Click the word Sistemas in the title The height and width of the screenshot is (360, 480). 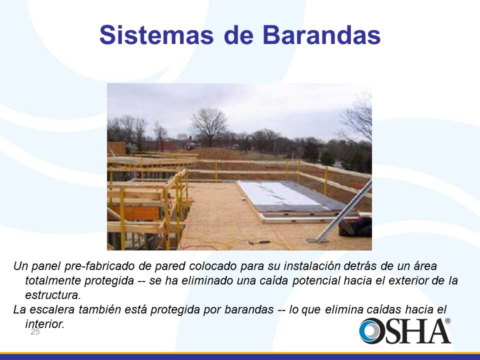point(156,35)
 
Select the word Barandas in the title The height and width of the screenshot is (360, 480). point(321,35)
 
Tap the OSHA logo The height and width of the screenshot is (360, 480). point(405,330)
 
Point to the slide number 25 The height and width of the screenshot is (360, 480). point(35,332)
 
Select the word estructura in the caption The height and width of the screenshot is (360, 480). point(52,295)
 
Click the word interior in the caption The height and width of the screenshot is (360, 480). point(44,324)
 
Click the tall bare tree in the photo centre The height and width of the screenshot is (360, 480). point(209,126)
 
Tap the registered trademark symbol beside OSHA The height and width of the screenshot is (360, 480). point(447,321)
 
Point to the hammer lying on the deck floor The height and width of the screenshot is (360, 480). point(259,242)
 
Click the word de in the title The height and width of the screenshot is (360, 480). point(238,35)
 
